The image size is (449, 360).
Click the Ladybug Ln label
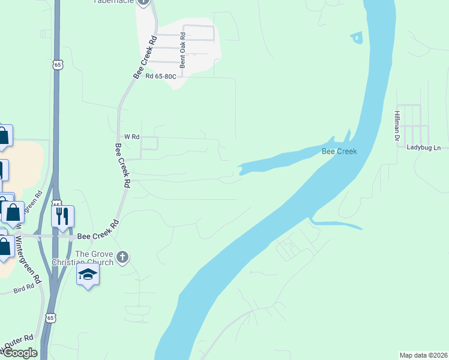(423, 148)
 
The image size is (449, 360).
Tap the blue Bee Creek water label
(339, 151)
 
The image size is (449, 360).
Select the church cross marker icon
(122, 257)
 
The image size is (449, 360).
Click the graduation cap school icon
(88, 274)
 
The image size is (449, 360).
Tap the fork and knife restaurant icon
(62, 216)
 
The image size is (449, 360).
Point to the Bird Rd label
(24, 290)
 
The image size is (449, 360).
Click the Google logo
(19, 353)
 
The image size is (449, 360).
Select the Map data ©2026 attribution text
(423, 355)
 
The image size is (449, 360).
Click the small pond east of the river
(357, 38)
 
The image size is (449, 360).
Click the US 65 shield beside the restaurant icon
(56, 204)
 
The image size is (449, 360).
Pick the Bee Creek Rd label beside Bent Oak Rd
(145, 57)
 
